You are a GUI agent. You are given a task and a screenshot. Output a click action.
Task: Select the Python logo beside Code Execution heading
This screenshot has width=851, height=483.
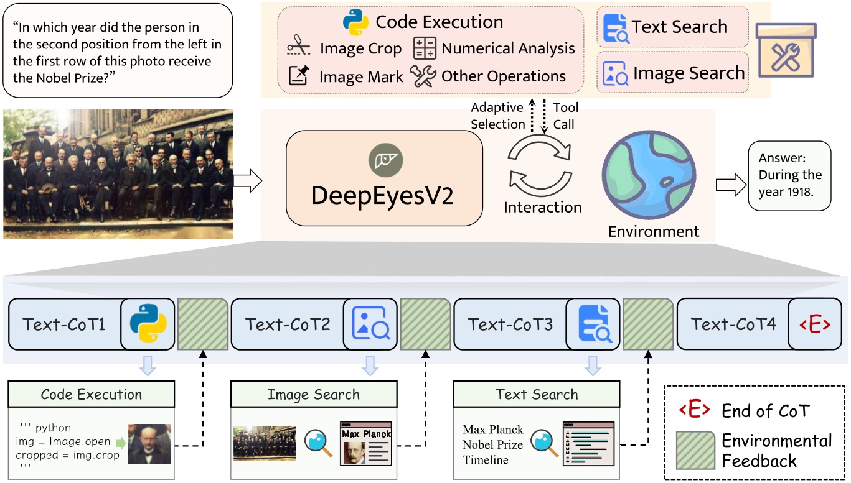click(356, 22)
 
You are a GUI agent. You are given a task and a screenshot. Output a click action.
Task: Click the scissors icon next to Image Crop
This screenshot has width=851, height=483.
click(298, 48)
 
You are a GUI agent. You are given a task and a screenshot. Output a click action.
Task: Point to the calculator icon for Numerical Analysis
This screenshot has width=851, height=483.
click(425, 48)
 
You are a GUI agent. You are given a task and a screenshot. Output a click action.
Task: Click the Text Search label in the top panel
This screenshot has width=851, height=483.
click(679, 27)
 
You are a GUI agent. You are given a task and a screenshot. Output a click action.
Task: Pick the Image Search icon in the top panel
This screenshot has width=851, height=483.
click(614, 73)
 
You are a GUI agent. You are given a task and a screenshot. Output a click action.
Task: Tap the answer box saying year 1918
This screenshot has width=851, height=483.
click(789, 175)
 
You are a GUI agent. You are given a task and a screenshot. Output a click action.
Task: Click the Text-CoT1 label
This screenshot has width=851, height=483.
click(64, 324)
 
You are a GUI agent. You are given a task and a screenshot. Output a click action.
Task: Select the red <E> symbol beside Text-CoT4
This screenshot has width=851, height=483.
click(815, 324)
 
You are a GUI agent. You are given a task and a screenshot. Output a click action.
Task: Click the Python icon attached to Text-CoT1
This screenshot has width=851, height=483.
click(148, 324)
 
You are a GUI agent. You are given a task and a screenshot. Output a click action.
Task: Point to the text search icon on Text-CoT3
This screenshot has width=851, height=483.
click(593, 324)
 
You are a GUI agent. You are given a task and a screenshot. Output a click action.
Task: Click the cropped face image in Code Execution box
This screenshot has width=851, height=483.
click(149, 444)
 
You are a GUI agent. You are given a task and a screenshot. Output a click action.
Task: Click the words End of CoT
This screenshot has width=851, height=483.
click(766, 411)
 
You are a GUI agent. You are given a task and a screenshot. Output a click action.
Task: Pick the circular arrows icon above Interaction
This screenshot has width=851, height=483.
click(540, 164)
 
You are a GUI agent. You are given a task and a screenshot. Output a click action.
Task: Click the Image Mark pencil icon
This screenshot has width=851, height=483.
click(299, 76)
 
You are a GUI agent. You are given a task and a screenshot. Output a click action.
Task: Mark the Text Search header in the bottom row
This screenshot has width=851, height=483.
click(537, 394)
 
